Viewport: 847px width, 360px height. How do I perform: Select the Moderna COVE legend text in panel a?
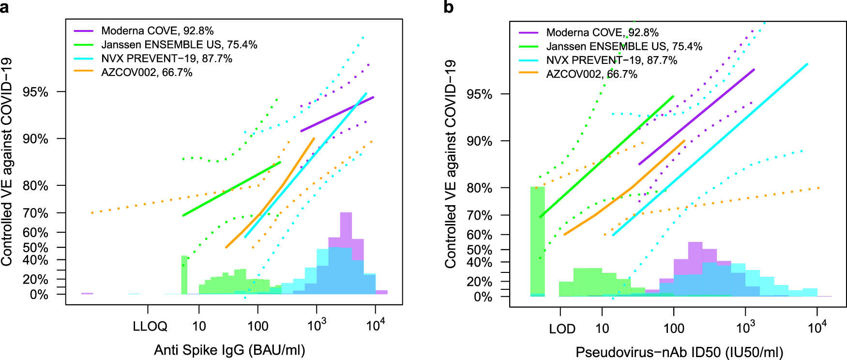click(157, 30)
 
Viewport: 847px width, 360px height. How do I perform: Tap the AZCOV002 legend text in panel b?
click(591, 74)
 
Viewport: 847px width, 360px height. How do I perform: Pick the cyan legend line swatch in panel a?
click(83, 59)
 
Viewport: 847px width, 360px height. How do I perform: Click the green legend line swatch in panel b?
click(528, 46)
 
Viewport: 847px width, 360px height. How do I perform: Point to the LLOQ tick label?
click(150, 326)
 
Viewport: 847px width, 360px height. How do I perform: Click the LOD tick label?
click(562, 329)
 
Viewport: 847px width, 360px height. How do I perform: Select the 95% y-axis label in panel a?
click(35, 92)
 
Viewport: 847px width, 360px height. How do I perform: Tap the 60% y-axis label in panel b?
click(479, 235)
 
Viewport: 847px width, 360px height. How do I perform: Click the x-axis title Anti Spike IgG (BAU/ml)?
click(229, 350)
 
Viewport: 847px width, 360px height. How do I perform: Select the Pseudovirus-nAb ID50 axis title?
click(679, 352)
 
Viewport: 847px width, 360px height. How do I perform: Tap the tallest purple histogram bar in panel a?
click(346, 227)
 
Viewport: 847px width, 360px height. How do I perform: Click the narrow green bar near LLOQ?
click(184, 275)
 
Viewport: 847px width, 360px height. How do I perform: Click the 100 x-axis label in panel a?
click(258, 326)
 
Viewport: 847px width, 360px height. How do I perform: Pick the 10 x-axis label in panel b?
click(602, 329)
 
